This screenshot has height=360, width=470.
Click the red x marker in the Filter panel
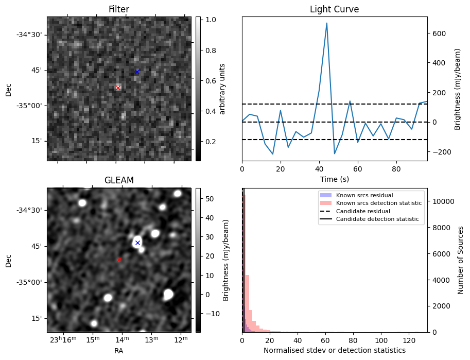tap(118, 88)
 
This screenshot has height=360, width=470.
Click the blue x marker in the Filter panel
tap(137, 72)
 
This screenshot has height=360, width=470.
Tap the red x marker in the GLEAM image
tap(119, 260)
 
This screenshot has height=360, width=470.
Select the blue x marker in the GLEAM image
tap(137, 243)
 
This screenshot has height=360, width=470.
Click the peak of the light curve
tap(326, 23)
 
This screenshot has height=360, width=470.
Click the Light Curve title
tap(334, 9)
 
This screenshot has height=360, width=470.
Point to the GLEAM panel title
tap(119, 180)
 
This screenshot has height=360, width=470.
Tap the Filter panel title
tap(119, 9)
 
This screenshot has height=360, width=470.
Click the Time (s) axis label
tap(334, 179)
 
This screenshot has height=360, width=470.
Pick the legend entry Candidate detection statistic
tap(378, 219)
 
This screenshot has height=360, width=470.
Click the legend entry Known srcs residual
tap(364, 195)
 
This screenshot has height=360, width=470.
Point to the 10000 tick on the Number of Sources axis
tap(441, 201)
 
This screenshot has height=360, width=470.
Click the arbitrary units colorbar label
tap(223, 89)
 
